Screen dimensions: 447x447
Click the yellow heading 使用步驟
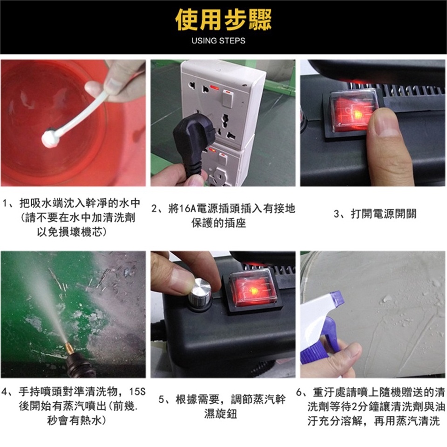coord(223,20)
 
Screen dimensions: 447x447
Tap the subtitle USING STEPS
coord(218,41)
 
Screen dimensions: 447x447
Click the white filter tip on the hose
coord(50,137)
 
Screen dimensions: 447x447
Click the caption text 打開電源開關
coord(384,214)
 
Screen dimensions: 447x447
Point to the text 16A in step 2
coord(187,209)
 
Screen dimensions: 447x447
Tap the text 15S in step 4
coord(137,392)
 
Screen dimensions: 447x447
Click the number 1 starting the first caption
coord(5,203)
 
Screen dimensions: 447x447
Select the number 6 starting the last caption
coord(299,393)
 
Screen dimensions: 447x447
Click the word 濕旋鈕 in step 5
coord(220,413)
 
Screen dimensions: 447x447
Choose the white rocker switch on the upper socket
coord(227,99)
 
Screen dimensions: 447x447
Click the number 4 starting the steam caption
coord(4,392)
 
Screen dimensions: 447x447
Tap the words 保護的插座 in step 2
coord(219,223)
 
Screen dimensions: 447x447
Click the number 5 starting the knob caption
coord(162,400)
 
